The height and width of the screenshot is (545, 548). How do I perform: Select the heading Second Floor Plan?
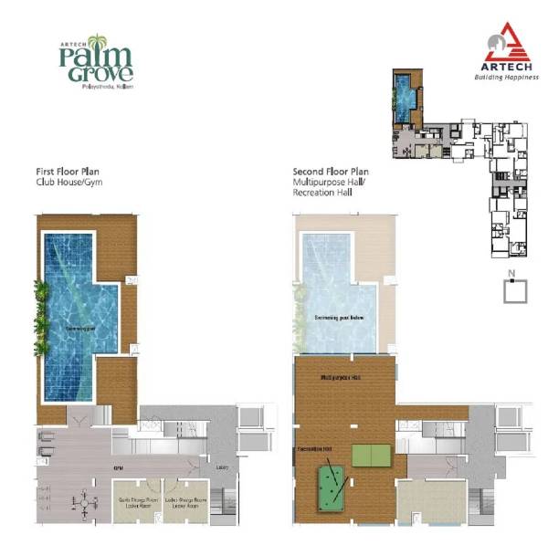331,172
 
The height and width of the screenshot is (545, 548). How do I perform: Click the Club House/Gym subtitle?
68,183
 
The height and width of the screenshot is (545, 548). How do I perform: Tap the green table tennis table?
370,454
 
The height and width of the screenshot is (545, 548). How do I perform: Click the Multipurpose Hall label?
338,376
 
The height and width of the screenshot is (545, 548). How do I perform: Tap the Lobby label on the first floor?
222,468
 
